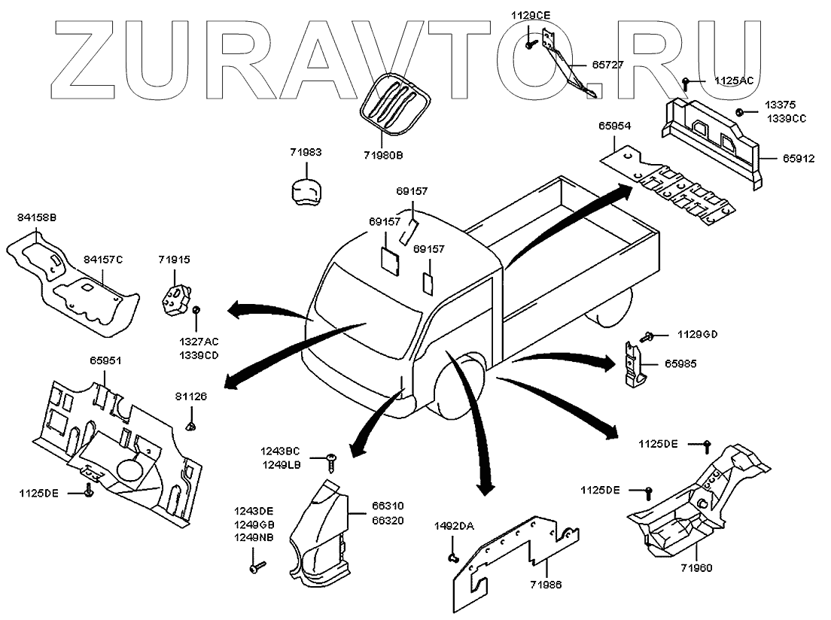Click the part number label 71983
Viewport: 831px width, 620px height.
pyautogui.click(x=306, y=153)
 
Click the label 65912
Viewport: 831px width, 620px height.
pyautogui.click(x=798, y=159)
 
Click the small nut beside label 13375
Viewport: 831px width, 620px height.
pyautogui.click(x=741, y=113)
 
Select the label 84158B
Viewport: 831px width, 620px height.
pyautogui.click(x=37, y=217)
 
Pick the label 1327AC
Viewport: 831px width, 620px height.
pyautogui.click(x=199, y=342)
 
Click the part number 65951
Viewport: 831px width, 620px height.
pyautogui.click(x=105, y=361)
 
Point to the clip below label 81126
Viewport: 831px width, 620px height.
pyautogui.click(x=191, y=426)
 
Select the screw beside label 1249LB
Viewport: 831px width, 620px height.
pyautogui.click(x=332, y=457)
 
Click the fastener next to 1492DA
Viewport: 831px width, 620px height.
pyautogui.click(x=453, y=558)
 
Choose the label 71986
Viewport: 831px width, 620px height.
pyautogui.click(x=546, y=583)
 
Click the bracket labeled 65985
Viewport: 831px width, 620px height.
pyautogui.click(x=636, y=363)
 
